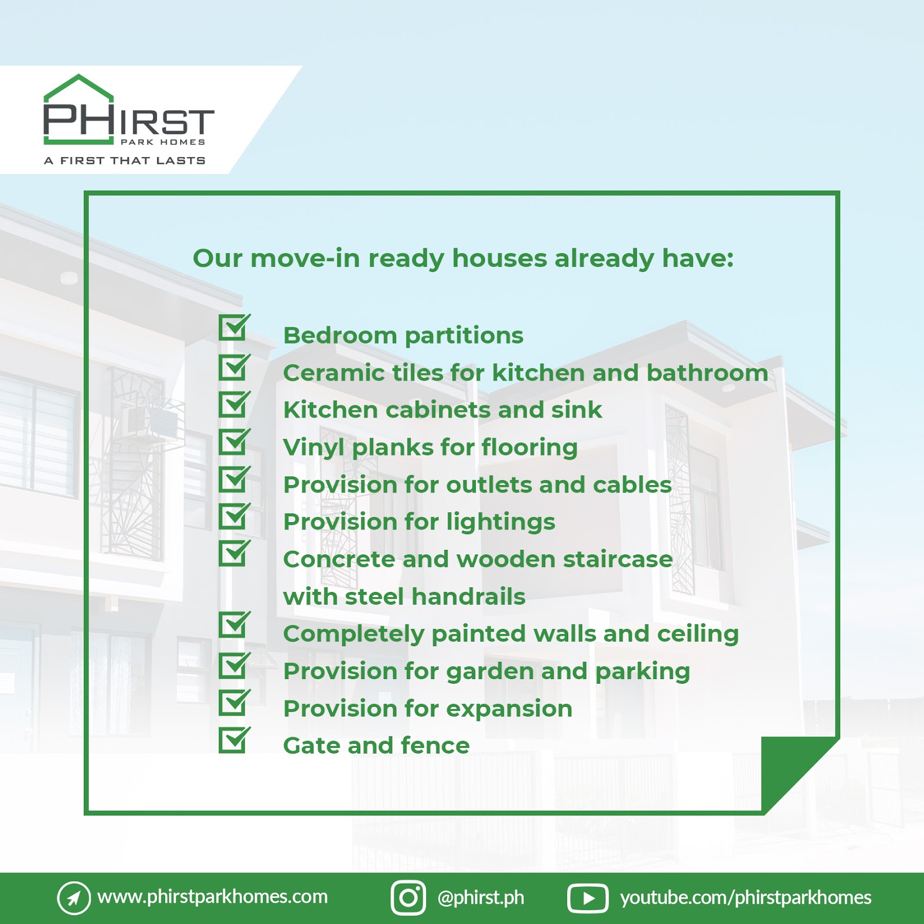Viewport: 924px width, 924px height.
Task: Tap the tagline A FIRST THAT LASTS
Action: (125, 161)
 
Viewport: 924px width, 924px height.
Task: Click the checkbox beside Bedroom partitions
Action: (234, 327)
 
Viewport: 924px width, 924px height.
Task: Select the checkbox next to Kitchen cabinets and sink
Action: (234, 404)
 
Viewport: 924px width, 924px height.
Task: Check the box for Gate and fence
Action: (234, 740)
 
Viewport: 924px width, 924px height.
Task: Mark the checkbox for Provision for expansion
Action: (234, 702)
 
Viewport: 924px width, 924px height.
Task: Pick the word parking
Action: (643, 672)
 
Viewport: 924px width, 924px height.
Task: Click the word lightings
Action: (501, 523)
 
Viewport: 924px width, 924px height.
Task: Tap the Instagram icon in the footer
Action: (408, 897)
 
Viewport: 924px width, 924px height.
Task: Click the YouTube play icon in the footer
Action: (588, 898)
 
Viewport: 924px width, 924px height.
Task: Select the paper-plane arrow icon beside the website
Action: (74, 898)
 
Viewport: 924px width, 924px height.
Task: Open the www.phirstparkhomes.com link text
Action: (213, 897)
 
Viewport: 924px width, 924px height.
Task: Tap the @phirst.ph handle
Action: (480, 897)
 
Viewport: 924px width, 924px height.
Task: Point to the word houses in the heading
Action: (499, 258)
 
